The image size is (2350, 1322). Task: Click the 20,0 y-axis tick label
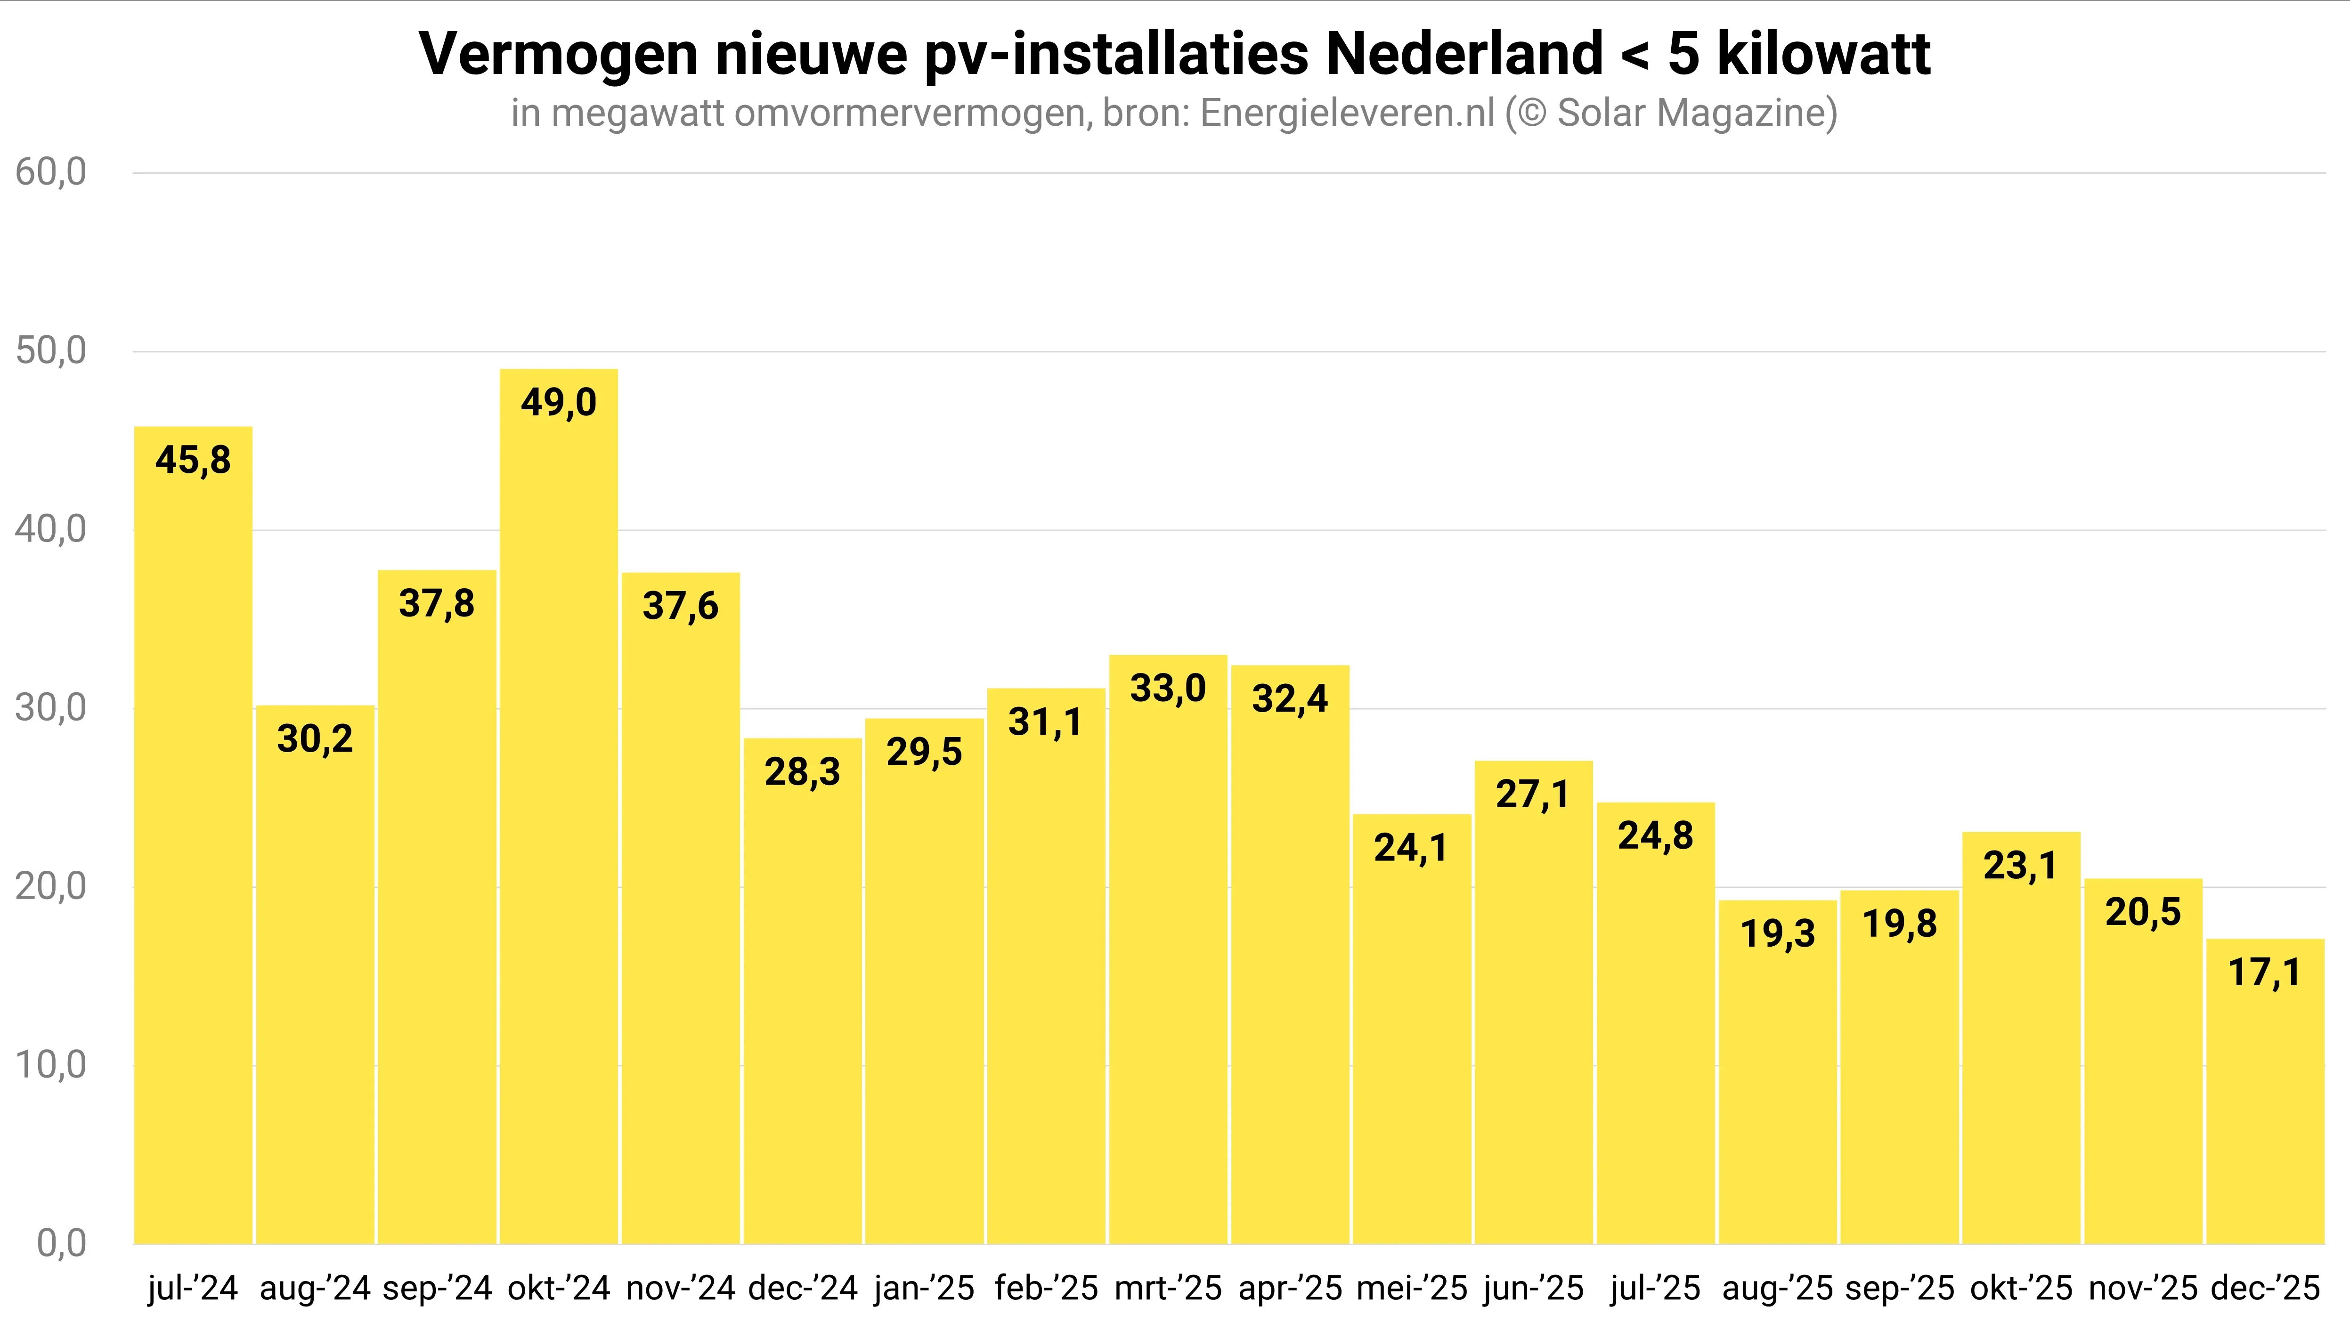[x=51, y=886]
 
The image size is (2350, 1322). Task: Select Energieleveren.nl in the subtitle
[x=1348, y=113]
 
